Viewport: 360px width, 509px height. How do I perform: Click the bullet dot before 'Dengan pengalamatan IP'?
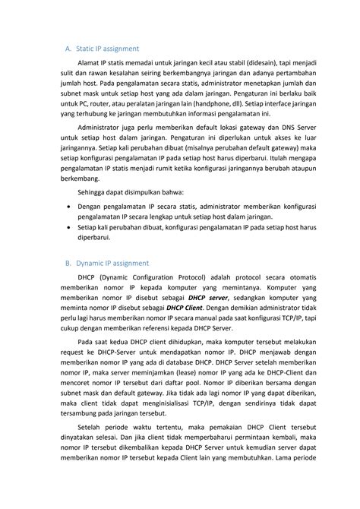pyautogui.click(x=71, y=206)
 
